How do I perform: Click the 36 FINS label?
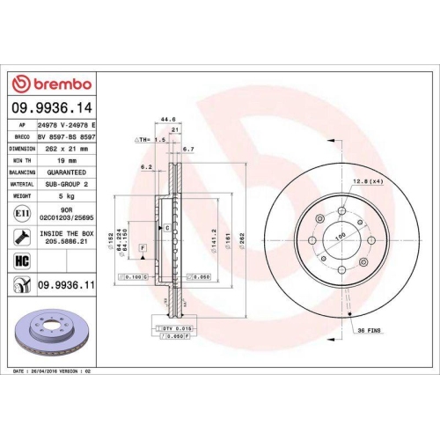click(x=369, y=331)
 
